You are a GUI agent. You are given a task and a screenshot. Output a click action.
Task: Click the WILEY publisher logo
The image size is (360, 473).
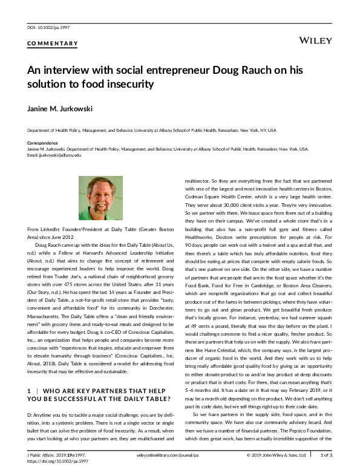315,40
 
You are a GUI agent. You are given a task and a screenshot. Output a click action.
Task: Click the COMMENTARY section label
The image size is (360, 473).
53,44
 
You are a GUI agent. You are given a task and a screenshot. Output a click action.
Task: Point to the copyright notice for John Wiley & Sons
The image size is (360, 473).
277,454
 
